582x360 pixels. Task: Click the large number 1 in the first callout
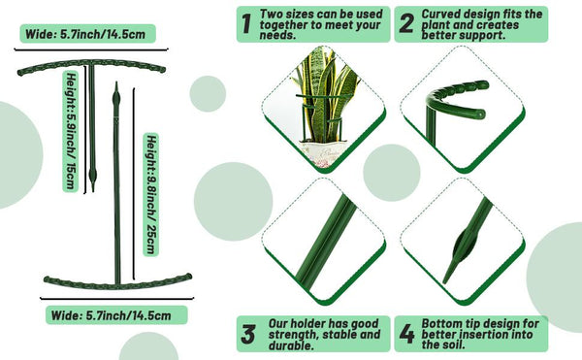click(x=245, y=24)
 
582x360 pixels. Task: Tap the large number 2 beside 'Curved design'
click(x=406, y=24)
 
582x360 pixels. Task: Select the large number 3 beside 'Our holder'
click(x=248, y=334)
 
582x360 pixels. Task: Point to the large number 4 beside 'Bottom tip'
click(x=406, y=334)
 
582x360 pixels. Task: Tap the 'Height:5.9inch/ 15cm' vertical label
click(x=71, y=131)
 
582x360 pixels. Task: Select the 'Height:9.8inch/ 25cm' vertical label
click(x=151, y=194)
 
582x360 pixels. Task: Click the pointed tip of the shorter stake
click(x=92, y=189)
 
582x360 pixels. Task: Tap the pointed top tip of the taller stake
click(x=116, y=83)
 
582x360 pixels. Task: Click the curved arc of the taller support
click(x=117, y=282)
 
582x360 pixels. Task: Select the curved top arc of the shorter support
click(x=91, y=63)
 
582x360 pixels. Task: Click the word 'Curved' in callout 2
click(x=441, y=15)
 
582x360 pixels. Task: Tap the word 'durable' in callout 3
click(x=289, y=345)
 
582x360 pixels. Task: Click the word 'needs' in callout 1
click(x=276, y=35)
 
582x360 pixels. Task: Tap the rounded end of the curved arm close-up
click(x=481, y=114)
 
